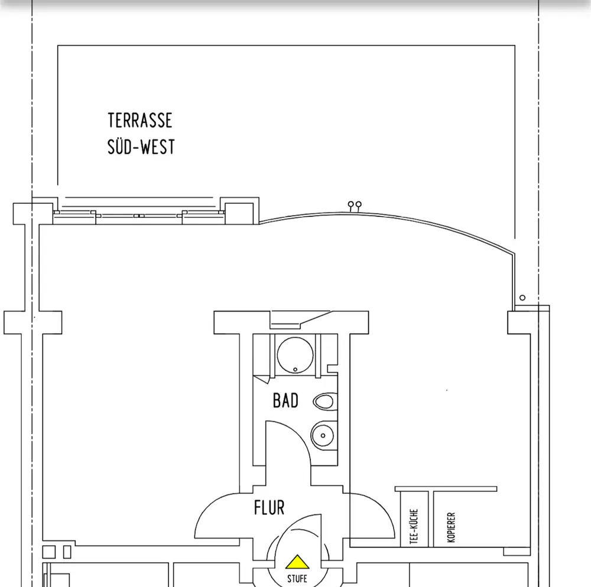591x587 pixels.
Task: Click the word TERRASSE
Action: (x=140, y=120)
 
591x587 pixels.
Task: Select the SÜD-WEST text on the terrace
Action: (x=141, y=146)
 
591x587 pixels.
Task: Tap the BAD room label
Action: (x=285, y=401)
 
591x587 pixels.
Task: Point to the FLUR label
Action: (x=269, y=507)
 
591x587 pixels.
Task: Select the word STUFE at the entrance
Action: (x=297, y=578)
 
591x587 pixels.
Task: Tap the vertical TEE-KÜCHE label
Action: (x=414, y=527)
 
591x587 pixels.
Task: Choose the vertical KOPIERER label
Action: (x=452, y=527)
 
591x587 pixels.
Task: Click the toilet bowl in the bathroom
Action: (x=324, y=402)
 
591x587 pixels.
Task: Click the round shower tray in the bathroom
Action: (x=295, y=354)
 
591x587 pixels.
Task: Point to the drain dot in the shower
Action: (x=295, y=370)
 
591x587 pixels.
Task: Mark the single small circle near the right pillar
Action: (x=522, y=298)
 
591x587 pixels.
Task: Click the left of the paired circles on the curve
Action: (x=351, y=204)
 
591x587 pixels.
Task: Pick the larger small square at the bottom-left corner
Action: (x=49, y=552)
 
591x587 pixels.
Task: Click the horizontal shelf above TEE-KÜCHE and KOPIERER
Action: (x=446, y=489)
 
